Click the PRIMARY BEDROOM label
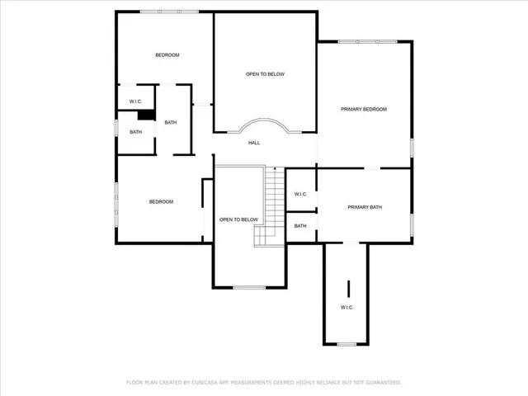(364, 109)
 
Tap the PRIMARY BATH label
(364, 207)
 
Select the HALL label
(254, 143)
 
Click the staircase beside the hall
(271, 206)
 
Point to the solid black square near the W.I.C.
(145, 115)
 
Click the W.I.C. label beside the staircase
(300, 194)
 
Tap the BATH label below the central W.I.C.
(300, 225)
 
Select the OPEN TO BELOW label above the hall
(265, 74)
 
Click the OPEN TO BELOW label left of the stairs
(238, 219)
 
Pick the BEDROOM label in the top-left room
(167, 55)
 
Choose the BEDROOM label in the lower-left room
(161, 202)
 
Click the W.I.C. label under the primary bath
(346, 307)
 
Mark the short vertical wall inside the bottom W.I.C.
(348, 289)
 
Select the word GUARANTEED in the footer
(382, 382)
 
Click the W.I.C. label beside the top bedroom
(135, 101)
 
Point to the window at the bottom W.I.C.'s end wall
(346, 344)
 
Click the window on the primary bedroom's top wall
(367, 42)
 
